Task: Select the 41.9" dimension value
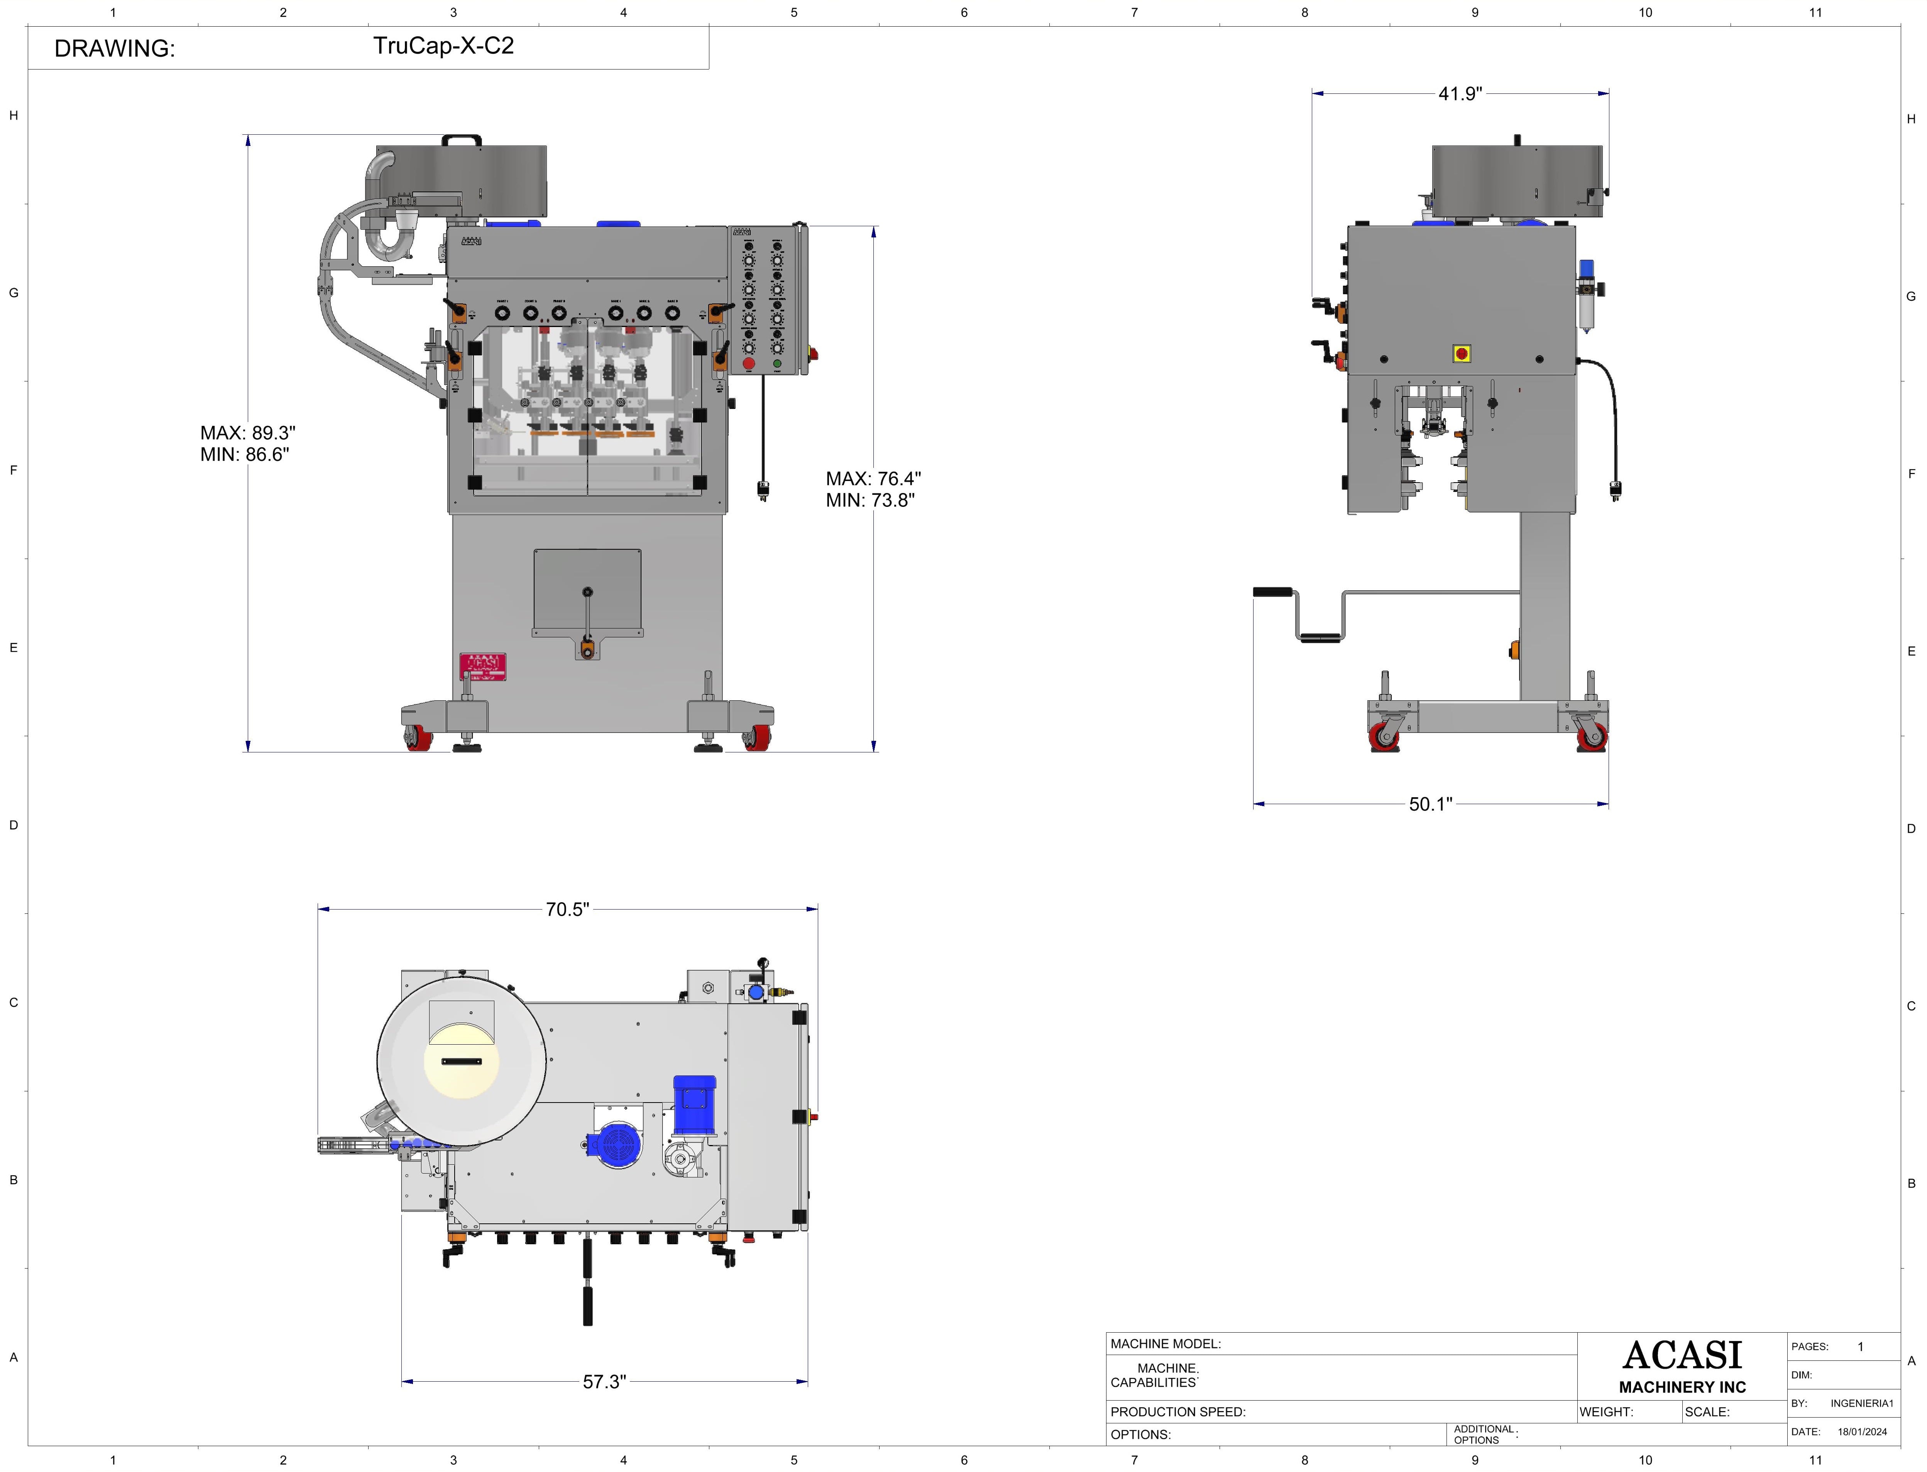pyautogui.click(x=1459, y=94)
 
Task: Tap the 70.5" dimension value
pyautogui.click(x=567, y=910)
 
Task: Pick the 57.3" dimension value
pyautogui.click(x=604, y=1382)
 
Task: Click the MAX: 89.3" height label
pyautogui.click(x=248, y=433)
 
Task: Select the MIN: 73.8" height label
pyautogui.click(x=870, y=500)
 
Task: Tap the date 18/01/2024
pyautogui.click(x=1862, y=1432)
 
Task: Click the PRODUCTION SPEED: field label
pyautogui.click(x=1177, y=1411)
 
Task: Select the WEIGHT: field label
pyautogui.click(x=1606, y=1411)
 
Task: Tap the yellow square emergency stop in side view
pyautogui.click(x=1461, y=354)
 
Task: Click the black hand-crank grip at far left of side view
pyautogui.click(x=1272, y=592)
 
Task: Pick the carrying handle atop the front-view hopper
pyautogui.click(x=462, y=139)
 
